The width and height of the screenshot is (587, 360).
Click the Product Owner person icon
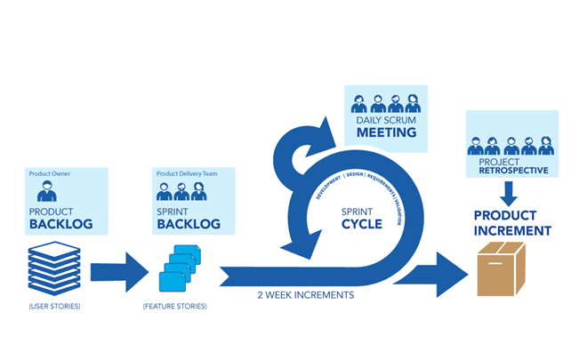point(47,190)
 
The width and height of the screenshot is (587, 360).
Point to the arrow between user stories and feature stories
point(119,271)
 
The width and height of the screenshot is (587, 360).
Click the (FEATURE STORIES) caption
point(174,307)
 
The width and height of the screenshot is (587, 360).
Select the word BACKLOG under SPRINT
point(188,225)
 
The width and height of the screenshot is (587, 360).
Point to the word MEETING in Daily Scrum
point(387,133)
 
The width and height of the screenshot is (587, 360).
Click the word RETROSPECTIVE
point(511,170)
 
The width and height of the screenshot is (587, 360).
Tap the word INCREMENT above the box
point(511,231)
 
